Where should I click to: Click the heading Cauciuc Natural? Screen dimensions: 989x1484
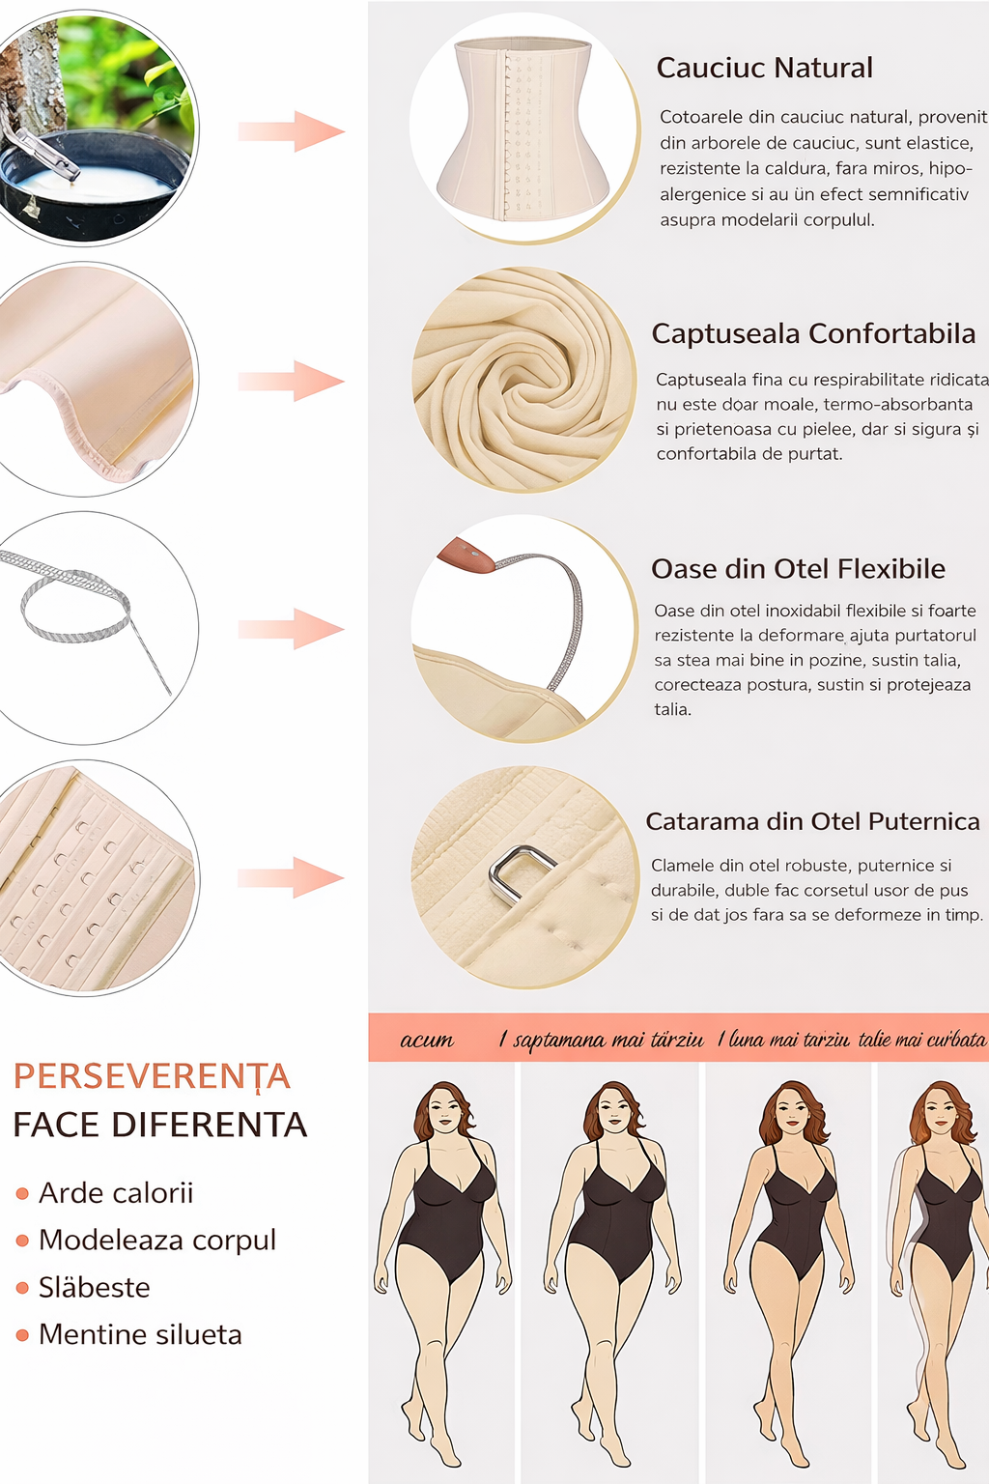tap(764, 69)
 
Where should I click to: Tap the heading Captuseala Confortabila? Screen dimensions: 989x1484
tap(813, 334)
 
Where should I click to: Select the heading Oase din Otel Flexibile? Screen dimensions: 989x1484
tap(798, 569)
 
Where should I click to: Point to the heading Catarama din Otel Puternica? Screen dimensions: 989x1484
tap(813, 821)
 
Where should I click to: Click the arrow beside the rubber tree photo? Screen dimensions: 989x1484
tap(291, 131)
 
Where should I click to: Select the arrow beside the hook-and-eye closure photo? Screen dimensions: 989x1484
tap(291, 878)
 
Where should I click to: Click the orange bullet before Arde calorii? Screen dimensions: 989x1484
tap(22, 1194)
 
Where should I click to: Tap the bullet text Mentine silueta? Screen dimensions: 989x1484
tap(140, 1334)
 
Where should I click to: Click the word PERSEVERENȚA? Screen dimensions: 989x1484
tap(153, 1076)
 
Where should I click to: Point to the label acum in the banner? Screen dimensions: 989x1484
tap(427, 1040)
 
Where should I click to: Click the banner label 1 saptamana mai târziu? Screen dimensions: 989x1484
tap(600, 1039)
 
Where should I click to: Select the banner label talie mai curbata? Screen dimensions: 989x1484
tap(921, 1039)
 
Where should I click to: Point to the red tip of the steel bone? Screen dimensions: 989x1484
tap(466, 555)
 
